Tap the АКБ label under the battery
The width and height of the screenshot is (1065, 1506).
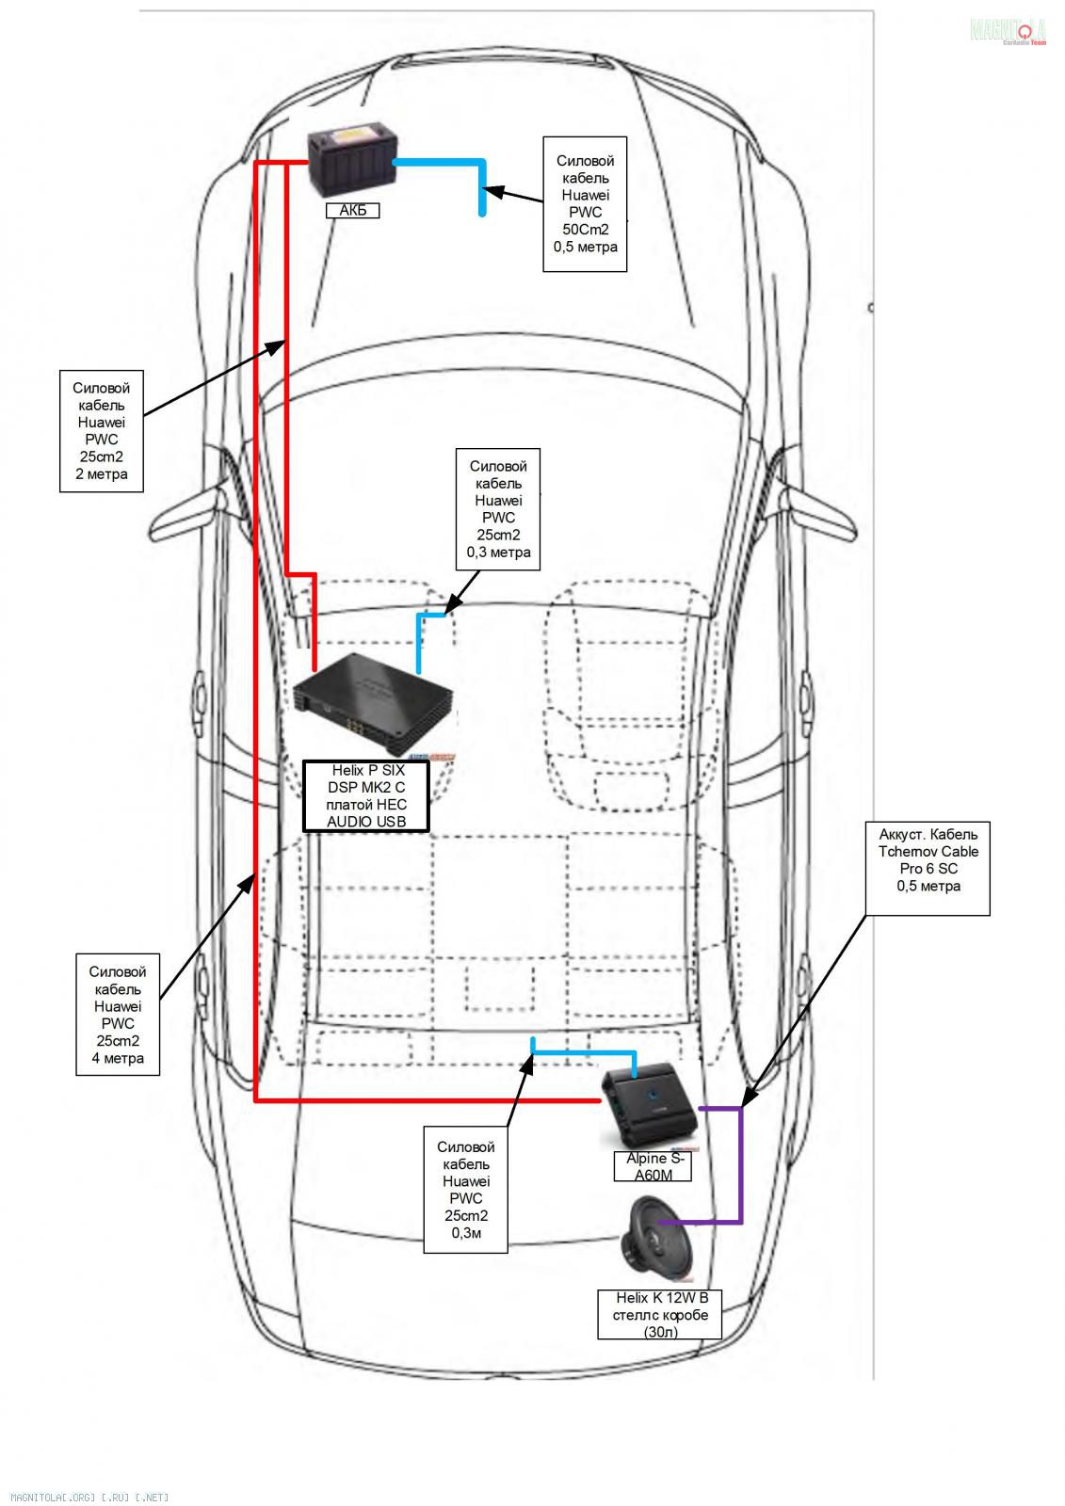(x=352, y=211)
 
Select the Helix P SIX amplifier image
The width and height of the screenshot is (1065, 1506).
(x=374, y=707)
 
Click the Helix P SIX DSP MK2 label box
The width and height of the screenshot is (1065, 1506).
(x=366, y=796)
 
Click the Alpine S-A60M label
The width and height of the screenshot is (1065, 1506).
(x=654, y=1166)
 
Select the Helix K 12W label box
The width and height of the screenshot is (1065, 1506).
(x=659, y=1314)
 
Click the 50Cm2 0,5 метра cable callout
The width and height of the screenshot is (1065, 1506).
(x=585, y=204)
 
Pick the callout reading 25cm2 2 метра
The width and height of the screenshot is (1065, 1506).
(x=102, y=431)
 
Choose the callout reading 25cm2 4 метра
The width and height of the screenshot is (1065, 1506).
(x=118, y=1015)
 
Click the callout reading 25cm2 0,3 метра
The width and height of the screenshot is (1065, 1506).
(x=498, y=509)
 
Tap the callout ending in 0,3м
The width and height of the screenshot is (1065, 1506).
(x=465, y=1190)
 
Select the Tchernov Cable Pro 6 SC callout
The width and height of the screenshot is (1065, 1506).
(x=928, y=868)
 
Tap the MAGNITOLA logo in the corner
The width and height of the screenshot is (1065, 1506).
(x=1008, y=31)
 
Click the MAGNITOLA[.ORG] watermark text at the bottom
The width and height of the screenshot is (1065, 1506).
(x=89, y=1497)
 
